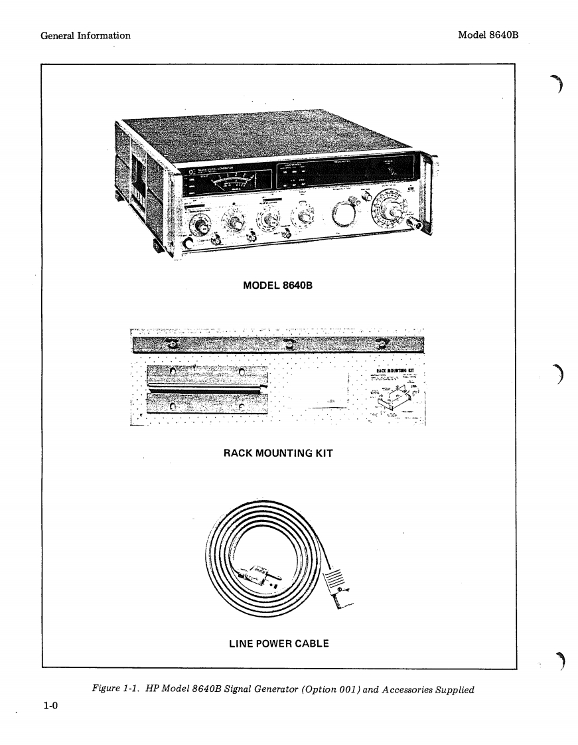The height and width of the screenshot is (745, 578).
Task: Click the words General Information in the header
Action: point(86,35)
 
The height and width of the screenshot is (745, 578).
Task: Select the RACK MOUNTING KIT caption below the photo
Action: point(277,453)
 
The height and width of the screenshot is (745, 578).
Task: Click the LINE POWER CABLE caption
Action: point(279,643)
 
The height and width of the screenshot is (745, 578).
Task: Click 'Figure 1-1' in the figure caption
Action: point(114,689)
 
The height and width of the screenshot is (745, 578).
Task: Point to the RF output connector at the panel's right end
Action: point(419,226)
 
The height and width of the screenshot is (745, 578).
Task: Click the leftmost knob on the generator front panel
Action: point(198,224)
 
